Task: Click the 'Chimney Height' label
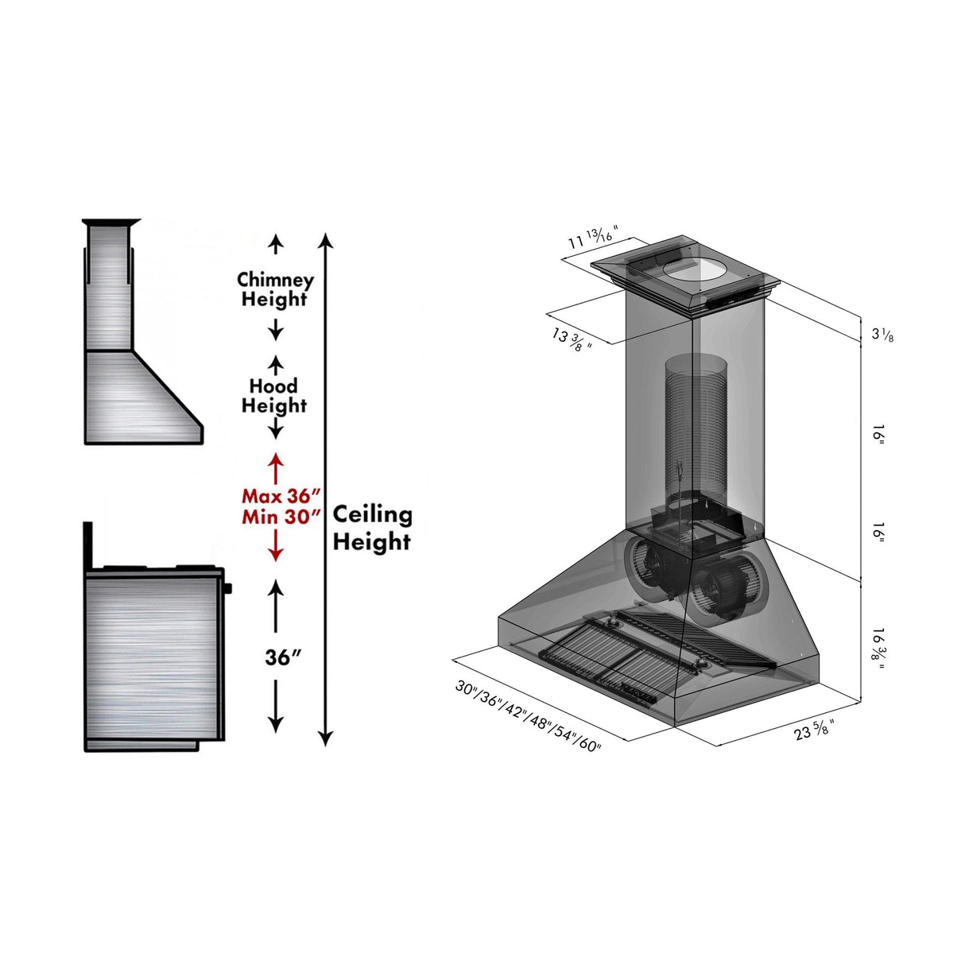275,289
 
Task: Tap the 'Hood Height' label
274,396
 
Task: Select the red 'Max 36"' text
281,496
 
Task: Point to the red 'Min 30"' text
281,517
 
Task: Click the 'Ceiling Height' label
372,528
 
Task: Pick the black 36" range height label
282,657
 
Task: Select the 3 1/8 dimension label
882,335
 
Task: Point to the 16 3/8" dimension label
878,650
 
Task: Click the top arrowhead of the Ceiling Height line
325,238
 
